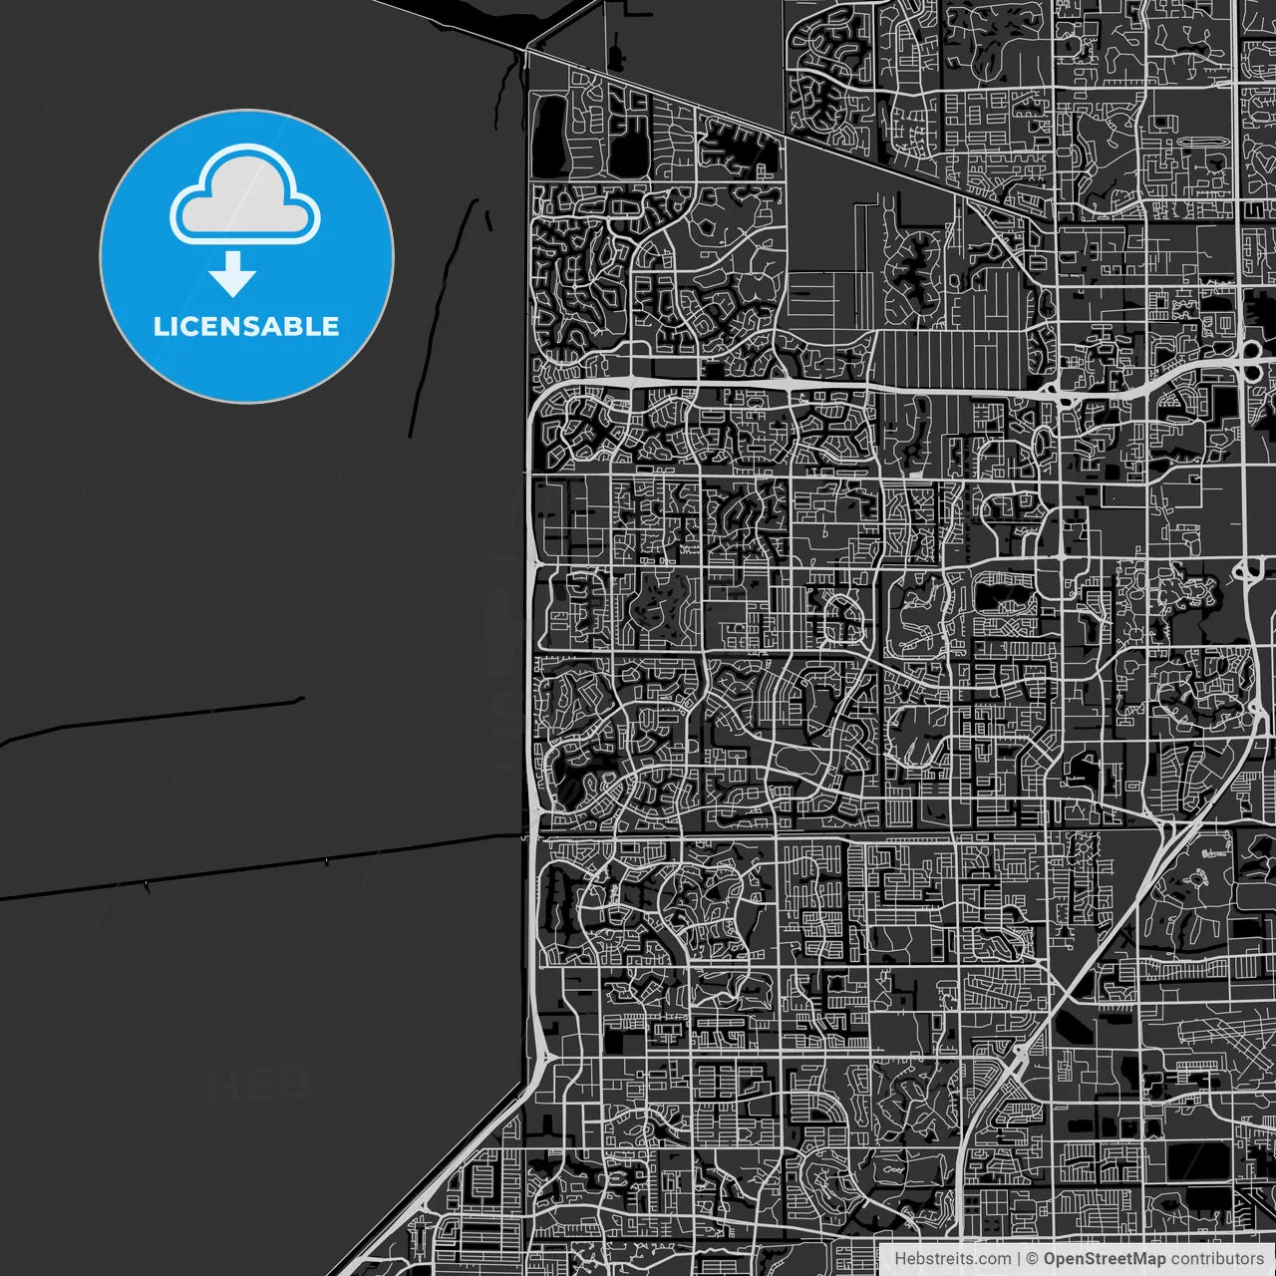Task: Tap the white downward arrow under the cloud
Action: [233, 274]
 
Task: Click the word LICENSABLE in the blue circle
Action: [246, 326]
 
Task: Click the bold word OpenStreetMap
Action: [1104, 1259]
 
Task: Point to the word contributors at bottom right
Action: [1216, 1259]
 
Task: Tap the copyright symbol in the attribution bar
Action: [1032, 1259]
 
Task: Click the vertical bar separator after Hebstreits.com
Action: [1018, 1259]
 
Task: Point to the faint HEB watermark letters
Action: [259, 1085]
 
